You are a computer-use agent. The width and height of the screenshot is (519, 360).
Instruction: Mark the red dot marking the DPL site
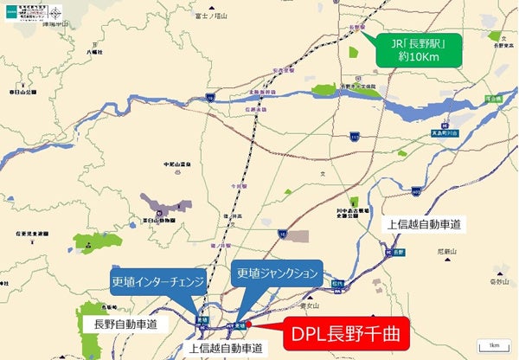(x=247, y=325)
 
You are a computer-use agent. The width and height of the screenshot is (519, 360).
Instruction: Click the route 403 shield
(x=416, y=190)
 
